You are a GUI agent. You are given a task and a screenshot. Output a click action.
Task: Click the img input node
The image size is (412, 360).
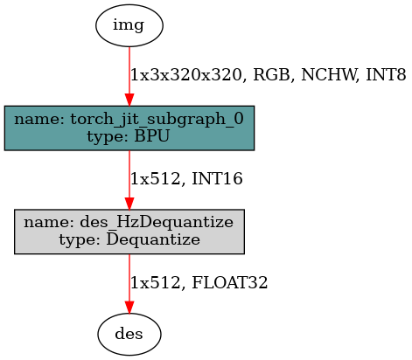129,25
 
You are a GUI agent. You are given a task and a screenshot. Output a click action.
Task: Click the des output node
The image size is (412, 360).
129,334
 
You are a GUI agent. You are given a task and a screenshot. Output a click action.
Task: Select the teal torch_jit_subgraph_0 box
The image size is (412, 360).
129,128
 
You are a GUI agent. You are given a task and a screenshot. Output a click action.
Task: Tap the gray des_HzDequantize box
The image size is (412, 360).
129,232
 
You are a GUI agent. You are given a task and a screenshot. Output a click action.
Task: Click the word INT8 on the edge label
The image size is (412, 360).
386,75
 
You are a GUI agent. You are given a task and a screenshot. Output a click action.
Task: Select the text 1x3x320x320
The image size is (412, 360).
186,75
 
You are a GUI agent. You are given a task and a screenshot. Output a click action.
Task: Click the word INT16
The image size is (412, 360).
217,178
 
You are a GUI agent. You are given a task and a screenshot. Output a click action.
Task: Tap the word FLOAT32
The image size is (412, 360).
229,282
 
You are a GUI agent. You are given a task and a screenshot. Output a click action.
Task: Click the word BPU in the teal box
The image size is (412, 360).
151,136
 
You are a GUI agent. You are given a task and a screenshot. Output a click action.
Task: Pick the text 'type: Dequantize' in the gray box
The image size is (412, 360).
129,239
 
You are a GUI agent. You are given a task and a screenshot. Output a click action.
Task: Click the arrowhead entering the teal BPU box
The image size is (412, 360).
129,100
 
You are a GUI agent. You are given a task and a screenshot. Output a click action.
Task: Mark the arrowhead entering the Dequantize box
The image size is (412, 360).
129,204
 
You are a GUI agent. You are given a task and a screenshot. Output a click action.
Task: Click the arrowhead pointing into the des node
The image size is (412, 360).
129,308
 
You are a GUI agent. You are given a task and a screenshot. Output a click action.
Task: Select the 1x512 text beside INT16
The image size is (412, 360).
156,179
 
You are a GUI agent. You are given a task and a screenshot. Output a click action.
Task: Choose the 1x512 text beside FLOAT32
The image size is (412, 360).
156,282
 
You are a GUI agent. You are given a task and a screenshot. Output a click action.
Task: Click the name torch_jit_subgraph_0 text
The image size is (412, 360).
129,120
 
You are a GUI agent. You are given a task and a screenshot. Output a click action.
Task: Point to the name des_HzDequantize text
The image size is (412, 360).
129,223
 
